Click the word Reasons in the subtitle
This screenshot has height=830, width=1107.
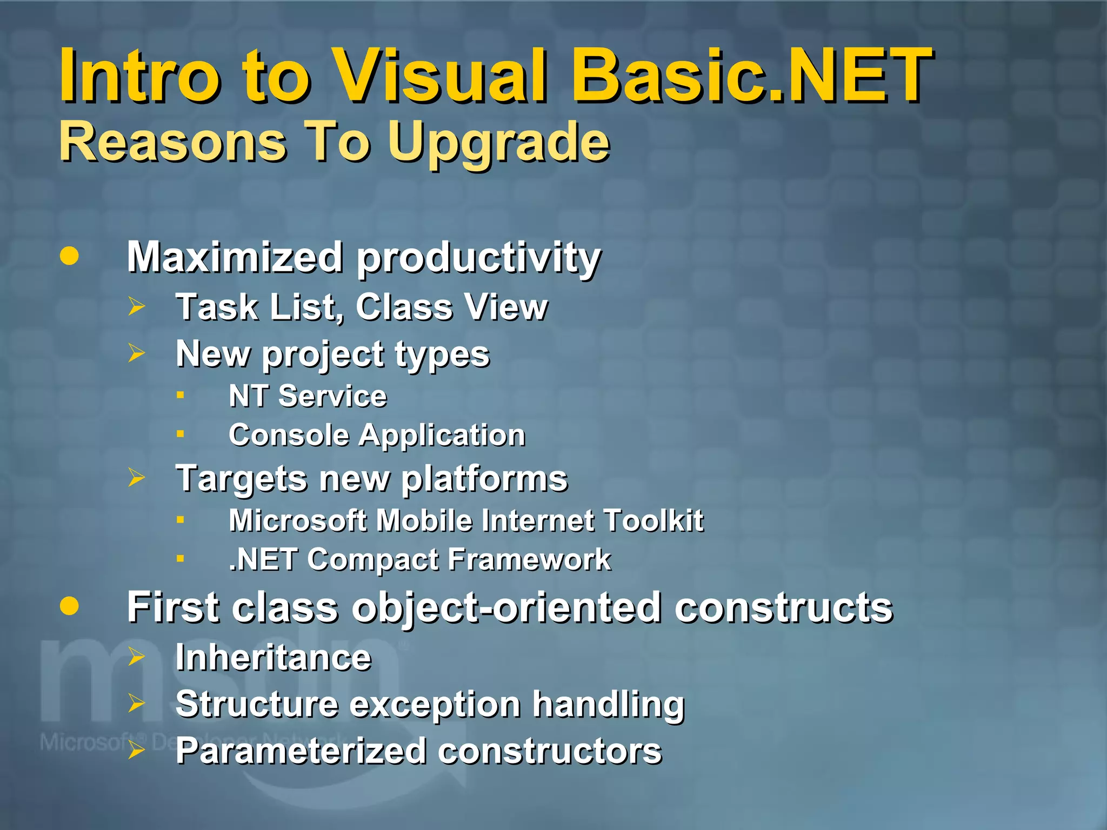point(173,142)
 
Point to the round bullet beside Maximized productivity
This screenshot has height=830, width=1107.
point(69,256)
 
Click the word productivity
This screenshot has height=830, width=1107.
point(478,258)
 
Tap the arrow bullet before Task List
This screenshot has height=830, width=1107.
point(136,307)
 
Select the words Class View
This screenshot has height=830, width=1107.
point(451,307)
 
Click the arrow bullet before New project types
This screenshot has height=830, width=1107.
point(136,354)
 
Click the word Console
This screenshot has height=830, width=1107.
point(289,435)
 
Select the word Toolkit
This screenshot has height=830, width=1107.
point(653,520)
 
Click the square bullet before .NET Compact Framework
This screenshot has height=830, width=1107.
point(181,559)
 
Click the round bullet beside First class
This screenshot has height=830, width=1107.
point(69,606)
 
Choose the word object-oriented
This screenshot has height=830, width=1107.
point(506,608)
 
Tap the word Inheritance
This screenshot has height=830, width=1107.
point(273,657)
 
